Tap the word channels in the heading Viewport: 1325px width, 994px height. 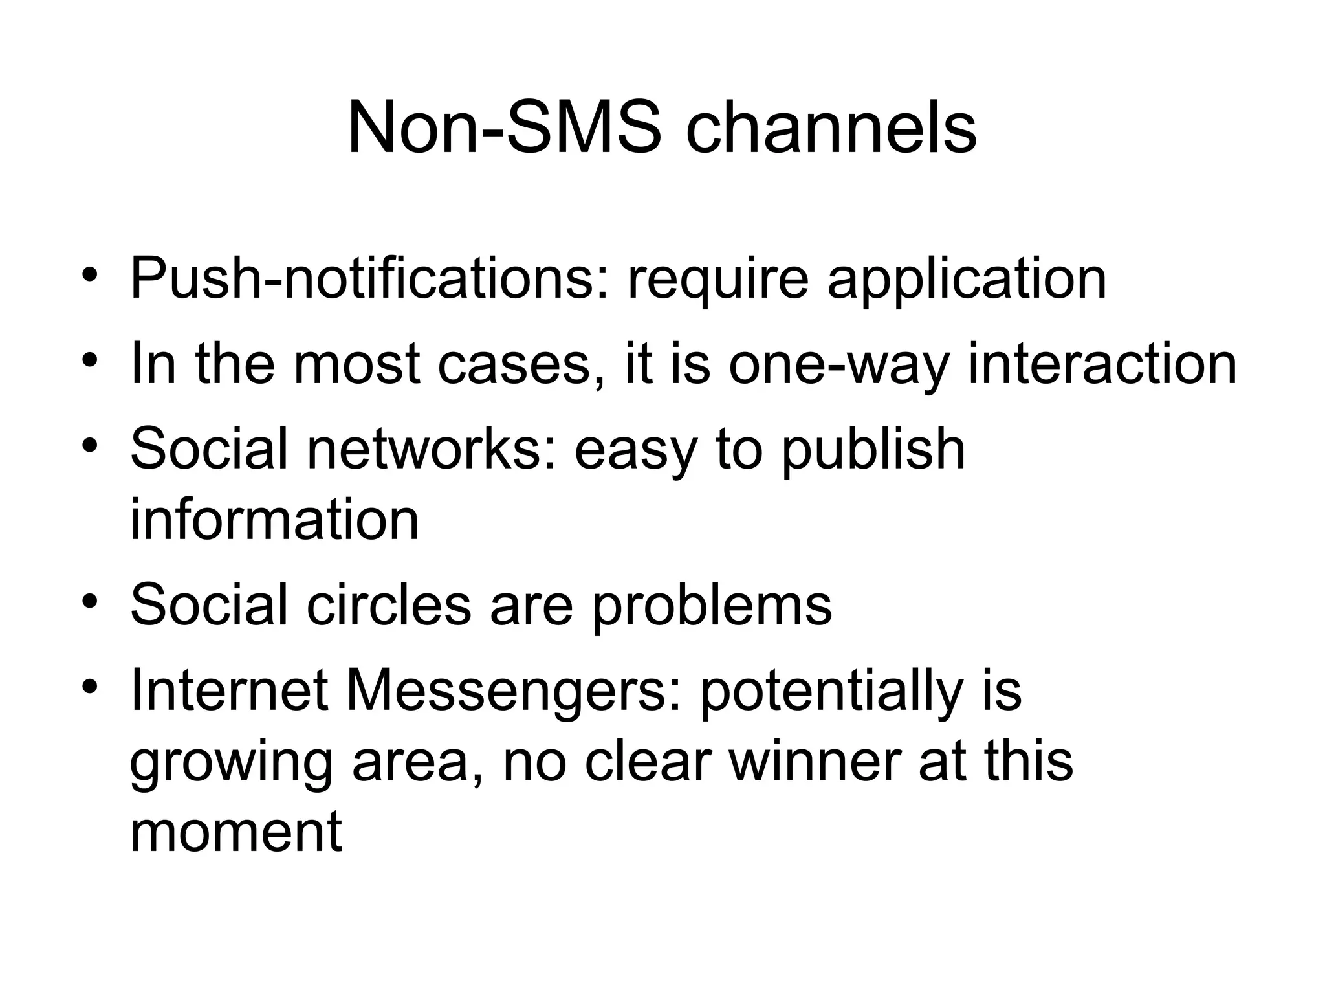pos(831,129)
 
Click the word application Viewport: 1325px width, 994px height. pos(967,280)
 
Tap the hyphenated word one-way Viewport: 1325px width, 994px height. pos(838,364)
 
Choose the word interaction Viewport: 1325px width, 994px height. pos(1102,364)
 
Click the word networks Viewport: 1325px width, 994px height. pos(431,449)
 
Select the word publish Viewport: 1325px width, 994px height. pos(873,449)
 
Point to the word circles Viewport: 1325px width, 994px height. pos(388,605)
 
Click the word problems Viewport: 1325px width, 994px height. pos(712,605)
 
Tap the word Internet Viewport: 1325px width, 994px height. pos(229,690)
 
